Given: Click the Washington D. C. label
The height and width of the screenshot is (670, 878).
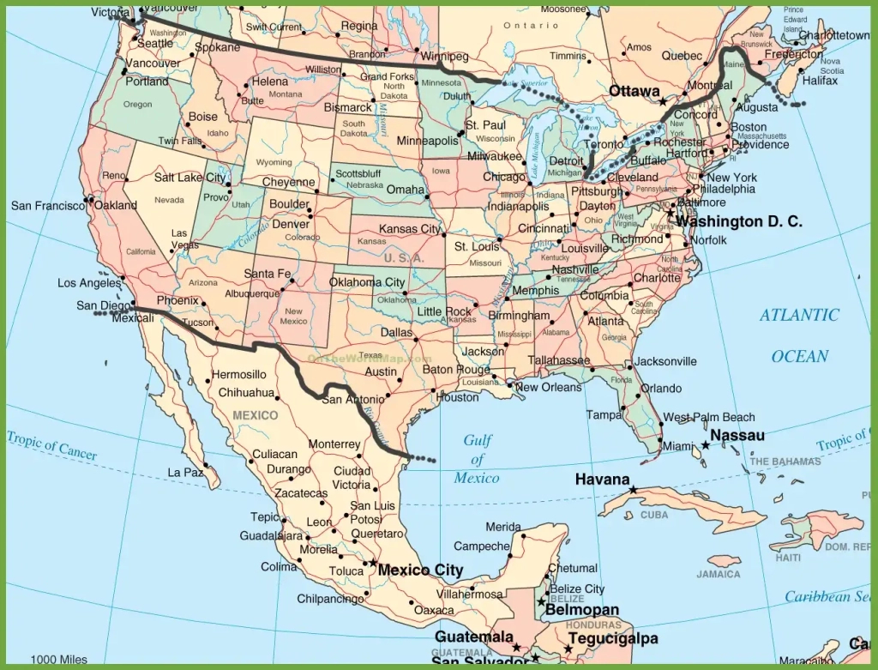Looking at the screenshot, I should [739, 221].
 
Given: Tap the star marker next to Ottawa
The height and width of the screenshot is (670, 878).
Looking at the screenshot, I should [663, 102].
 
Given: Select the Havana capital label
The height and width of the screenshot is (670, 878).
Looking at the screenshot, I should [602, 480].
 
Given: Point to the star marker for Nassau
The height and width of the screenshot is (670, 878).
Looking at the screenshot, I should [706, 444].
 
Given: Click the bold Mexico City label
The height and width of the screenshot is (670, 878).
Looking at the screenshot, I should [420, 570].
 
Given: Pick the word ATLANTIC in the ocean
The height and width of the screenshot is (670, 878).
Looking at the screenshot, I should [799, 316].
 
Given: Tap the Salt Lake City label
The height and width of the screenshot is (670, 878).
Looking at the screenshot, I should [190, 178].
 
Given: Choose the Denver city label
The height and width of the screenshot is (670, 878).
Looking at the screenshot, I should [291, 224].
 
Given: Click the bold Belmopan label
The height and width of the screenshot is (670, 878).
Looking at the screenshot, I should [582, 610].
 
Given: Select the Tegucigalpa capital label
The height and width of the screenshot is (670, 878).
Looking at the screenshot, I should [611, 639].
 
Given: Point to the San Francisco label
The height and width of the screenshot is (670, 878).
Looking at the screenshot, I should [48, 206].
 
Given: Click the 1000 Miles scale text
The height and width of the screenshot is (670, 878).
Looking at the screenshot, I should [58, 660].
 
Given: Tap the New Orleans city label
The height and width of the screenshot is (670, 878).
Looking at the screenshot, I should [549, 387].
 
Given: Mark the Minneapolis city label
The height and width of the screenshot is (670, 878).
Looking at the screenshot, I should [427, 141].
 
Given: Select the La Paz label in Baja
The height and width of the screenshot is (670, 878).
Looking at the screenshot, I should [184, 472].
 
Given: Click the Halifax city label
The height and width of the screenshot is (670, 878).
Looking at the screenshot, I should [819, 81].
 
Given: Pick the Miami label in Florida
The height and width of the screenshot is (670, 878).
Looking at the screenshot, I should [677, 446].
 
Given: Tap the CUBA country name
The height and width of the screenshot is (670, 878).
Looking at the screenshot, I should [654, 516].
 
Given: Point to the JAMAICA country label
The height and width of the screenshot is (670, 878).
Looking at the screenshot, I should [718, 574].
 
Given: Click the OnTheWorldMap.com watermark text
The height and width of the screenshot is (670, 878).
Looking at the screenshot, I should [370, 359].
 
